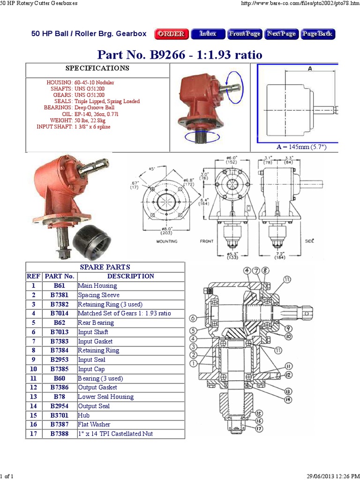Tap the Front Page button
click(x=245, y=34)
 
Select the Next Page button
click(x=281, y=34)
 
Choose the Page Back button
click(x=318, y=34)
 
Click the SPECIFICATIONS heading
click(x=97, y=68)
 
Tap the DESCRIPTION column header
click(x=130, y=276)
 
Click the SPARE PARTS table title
click(x=105, y=267)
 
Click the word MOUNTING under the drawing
click(x=166, y=242)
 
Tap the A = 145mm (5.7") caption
click(x=301, y=147)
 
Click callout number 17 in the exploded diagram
click(x=259, y=428)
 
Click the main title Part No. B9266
click(x=180, y=54)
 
